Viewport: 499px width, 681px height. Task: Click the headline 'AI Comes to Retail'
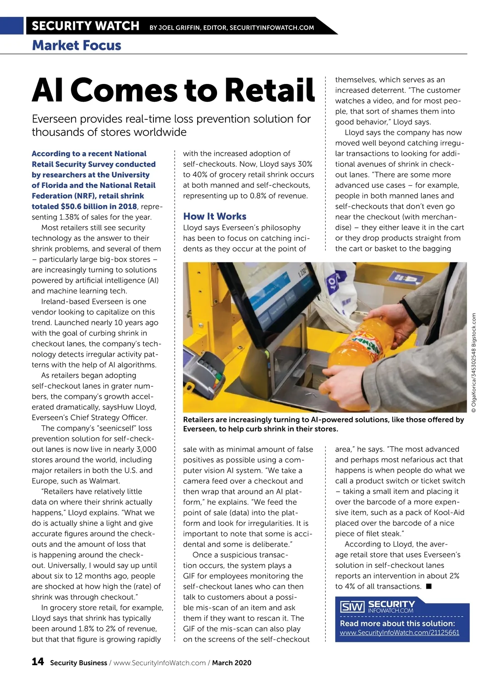click(x=173, y=90)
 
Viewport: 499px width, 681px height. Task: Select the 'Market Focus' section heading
click(x=77, y=45)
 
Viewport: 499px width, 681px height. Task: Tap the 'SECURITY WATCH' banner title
click(x=85, y=26)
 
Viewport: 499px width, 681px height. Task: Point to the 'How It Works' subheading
click(x=215, y=216)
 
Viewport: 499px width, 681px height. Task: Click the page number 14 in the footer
click(x=37, y=661)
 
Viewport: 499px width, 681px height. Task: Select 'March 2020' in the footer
click(x=232, y=663)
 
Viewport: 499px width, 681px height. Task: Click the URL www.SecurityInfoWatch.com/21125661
click(x=399, y=632)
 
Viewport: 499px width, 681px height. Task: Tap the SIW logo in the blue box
click(x=352, y=607)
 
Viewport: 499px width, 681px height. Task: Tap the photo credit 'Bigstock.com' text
click(x=474, y=328)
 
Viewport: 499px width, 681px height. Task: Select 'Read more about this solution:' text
click(x=397, y=623)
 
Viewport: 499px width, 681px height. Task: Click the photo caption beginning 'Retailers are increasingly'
click(x=323, y=424)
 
